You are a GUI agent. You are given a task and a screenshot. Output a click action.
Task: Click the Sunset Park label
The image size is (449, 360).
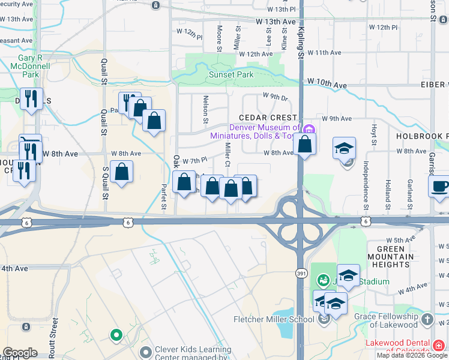click(x=231, y=75)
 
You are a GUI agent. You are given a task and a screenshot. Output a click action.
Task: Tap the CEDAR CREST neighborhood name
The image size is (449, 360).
click(x=268, y=118)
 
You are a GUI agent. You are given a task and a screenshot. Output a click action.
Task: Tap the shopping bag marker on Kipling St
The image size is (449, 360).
click(x=305, y=145)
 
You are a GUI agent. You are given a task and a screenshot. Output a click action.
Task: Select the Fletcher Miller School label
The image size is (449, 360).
click(x=274, y=319)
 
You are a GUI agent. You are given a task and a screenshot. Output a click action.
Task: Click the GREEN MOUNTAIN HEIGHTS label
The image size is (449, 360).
click(x=395, y=257)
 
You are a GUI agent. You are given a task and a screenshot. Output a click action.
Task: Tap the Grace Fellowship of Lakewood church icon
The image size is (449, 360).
click(x=427, y=319)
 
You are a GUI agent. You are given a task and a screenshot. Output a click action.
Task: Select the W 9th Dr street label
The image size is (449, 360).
click(x=275, y=96)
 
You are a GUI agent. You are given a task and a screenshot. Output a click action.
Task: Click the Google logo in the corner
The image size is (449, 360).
click(x=20, y=353)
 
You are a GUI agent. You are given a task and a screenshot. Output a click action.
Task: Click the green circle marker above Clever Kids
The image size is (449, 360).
click(x=116, y=334)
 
